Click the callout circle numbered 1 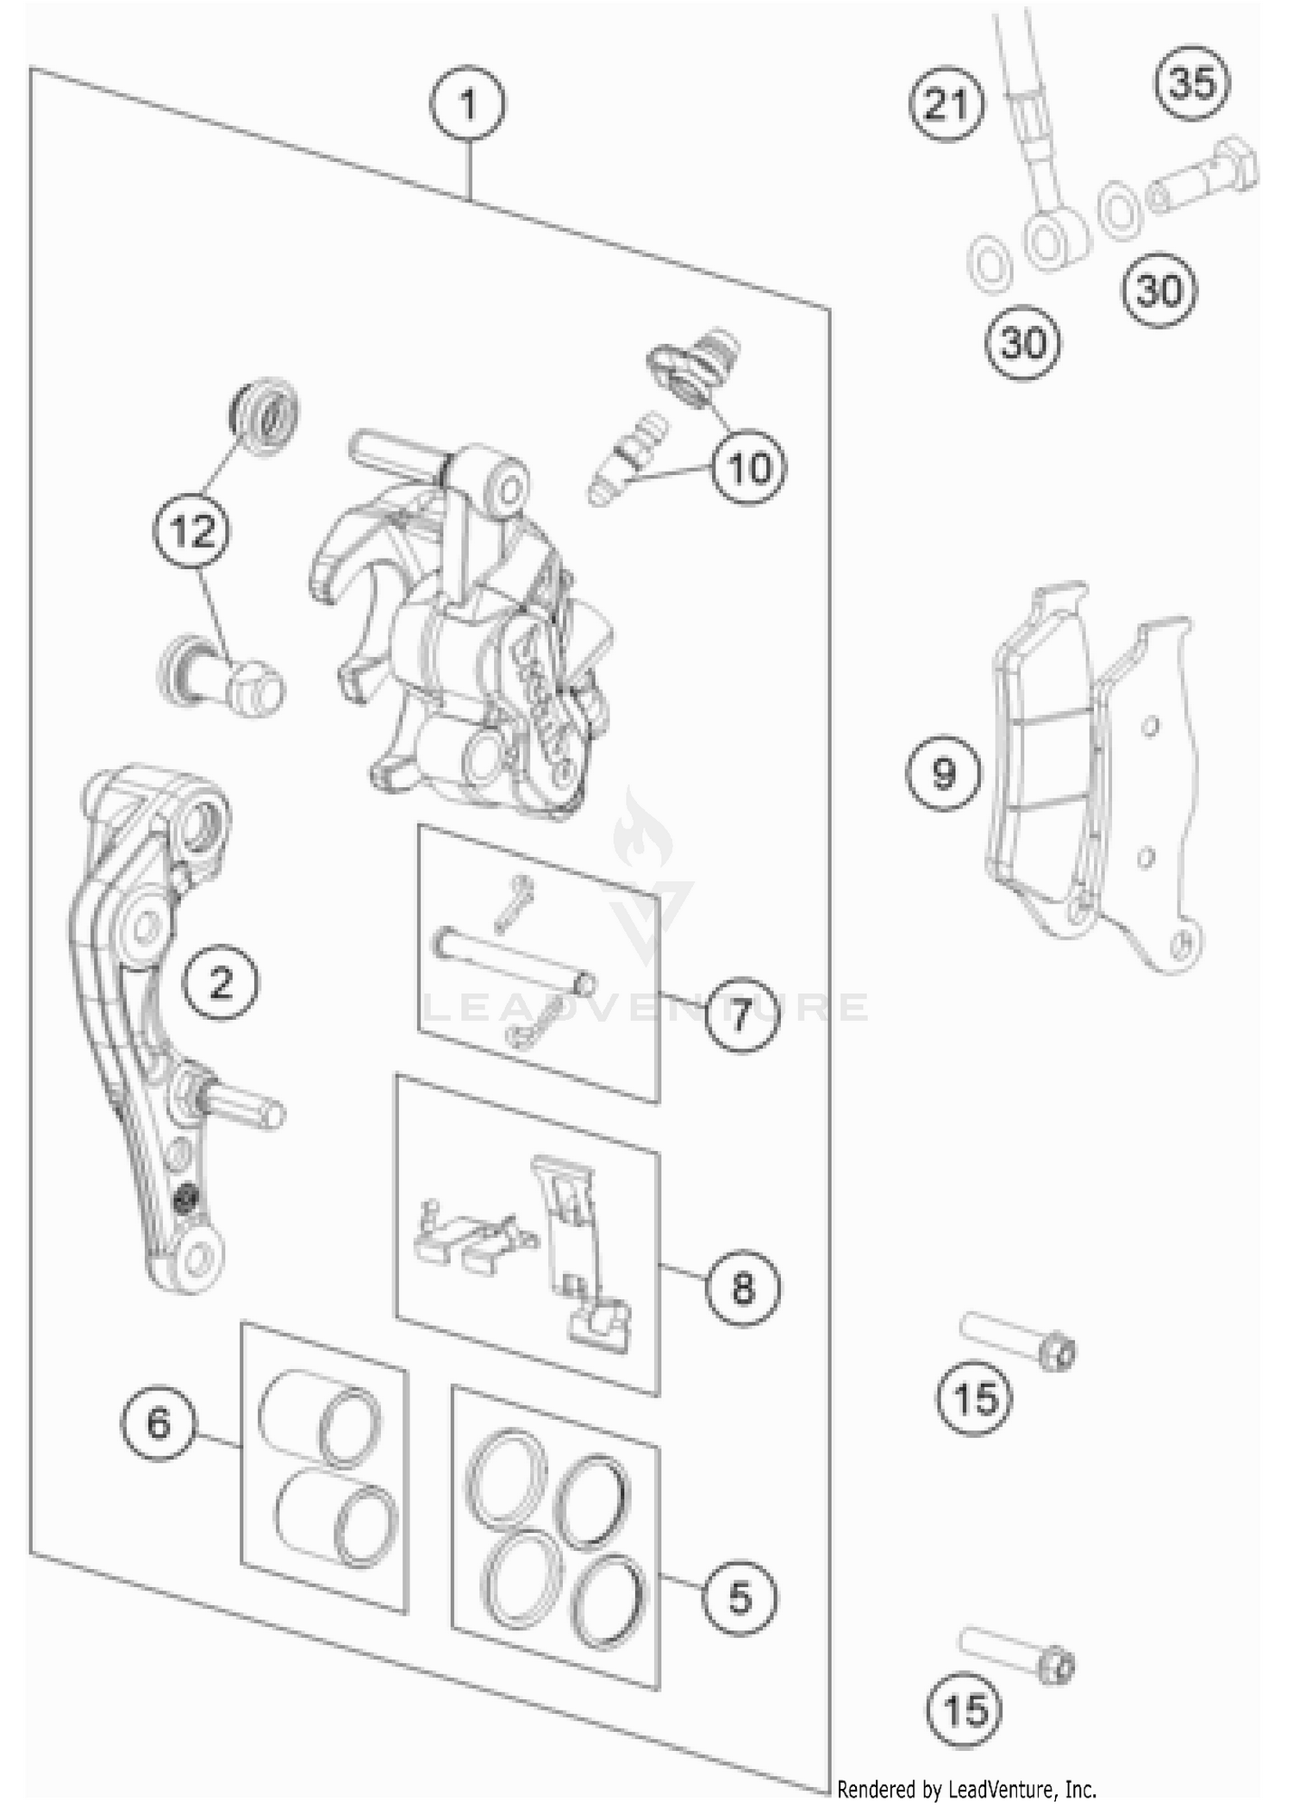point(468,105)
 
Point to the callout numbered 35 point(1193,84)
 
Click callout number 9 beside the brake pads point(943,772)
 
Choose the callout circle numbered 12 point(193,531)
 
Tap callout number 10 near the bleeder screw point(748,468)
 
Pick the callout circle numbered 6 point(159,1422)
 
